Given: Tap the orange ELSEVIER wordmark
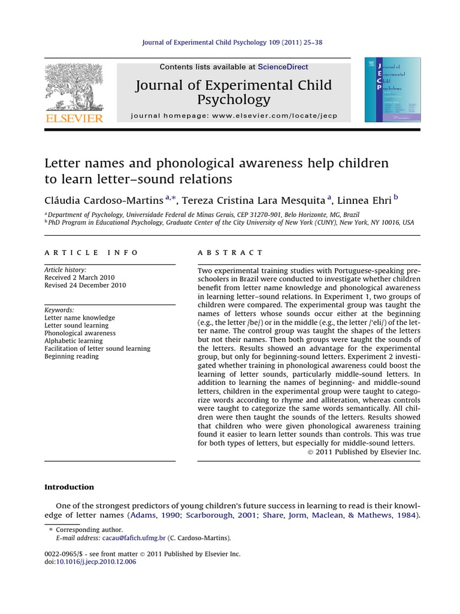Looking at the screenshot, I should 74,118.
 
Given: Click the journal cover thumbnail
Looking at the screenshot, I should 392,90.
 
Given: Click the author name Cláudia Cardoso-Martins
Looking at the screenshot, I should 104,200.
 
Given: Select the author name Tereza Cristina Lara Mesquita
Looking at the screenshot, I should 254,200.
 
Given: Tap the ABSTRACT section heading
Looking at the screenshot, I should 230,252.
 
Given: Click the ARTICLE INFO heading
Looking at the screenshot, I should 91,252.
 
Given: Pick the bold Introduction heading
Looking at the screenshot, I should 69,487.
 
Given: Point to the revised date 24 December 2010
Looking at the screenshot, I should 85,285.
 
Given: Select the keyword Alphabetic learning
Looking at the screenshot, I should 73,341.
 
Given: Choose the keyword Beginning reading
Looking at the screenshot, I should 72,356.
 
